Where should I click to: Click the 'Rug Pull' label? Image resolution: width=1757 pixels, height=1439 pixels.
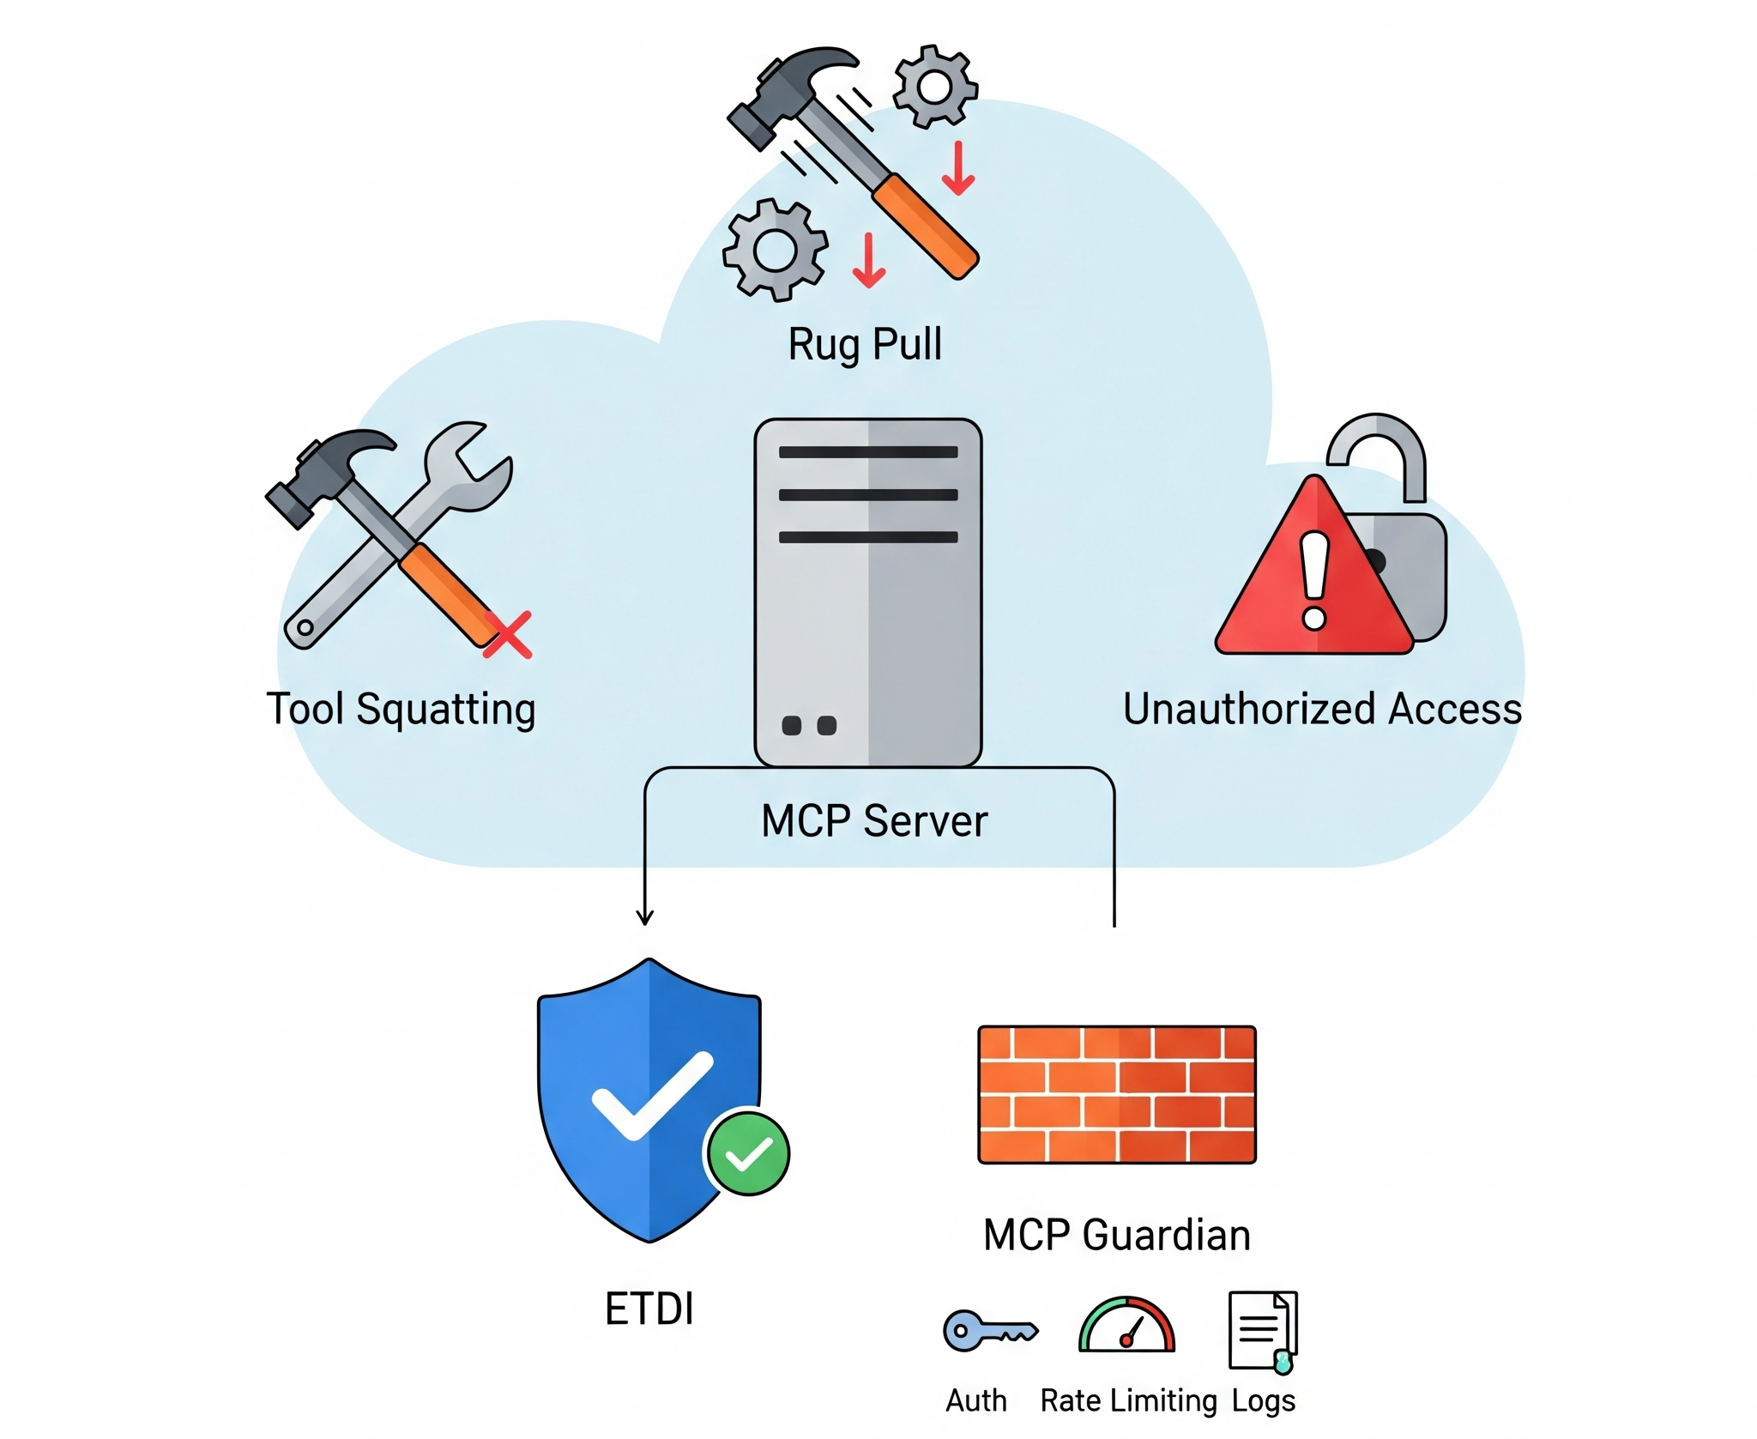(865, 344)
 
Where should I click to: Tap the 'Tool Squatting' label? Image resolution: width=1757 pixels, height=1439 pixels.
(401, 709)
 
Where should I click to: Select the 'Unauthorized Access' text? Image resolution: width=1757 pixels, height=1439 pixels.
(1322, 709)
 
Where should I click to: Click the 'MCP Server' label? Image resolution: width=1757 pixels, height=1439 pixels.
(874, 820)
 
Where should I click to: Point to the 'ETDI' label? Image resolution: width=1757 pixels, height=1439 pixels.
(649, 1309)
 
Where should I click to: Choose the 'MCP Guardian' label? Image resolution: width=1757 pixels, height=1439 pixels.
(1116, 1235)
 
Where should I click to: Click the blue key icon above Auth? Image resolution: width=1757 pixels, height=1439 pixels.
(989, 1331)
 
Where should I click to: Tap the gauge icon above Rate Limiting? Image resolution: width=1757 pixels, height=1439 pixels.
(1126, 1326)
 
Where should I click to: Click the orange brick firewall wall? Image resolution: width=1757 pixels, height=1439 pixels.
(1116, 1094)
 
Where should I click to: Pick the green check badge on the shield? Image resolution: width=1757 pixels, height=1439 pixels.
(747, 1153)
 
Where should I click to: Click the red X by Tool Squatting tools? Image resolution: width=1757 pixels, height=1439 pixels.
(508, 635)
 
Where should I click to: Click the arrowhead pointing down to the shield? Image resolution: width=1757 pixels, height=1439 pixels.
(645, 917)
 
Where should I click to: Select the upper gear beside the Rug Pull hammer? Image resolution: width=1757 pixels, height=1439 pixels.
(934, 87)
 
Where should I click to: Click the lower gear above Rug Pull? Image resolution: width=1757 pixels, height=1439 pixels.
(776, 250)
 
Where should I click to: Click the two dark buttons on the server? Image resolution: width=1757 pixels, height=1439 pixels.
(808, 726)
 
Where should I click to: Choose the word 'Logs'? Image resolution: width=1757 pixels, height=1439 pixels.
(1263, 1400)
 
